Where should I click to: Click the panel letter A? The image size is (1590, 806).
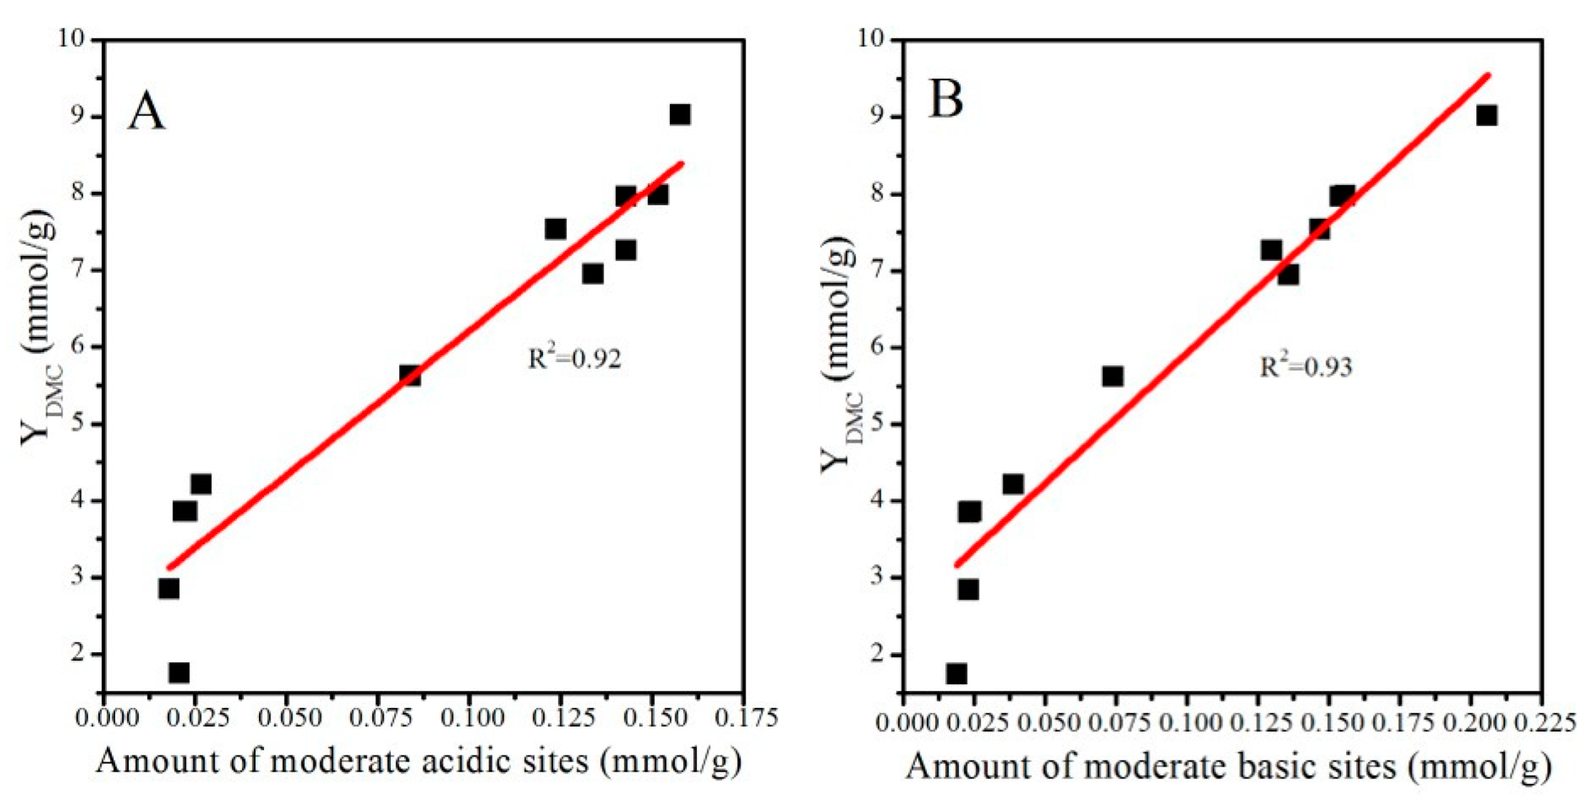point(146,113)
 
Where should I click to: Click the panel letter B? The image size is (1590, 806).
point(945,100)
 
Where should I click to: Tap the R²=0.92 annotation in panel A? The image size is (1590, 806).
point(574,358)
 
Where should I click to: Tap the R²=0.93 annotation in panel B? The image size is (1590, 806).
point(1305,366)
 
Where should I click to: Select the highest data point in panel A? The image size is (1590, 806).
point(679,114)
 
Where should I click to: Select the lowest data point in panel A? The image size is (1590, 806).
point(178,672)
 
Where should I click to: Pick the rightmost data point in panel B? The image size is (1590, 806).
point(1486,115)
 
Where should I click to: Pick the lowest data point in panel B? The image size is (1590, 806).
point(956,673)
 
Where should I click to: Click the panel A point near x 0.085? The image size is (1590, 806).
point(409,375)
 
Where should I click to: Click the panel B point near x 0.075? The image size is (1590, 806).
point(1112,376)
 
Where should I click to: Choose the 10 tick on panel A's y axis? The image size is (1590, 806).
point(83,39)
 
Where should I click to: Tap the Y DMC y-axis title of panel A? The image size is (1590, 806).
point(39,329)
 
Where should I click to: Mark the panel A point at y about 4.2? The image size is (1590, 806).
point(200,484)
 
